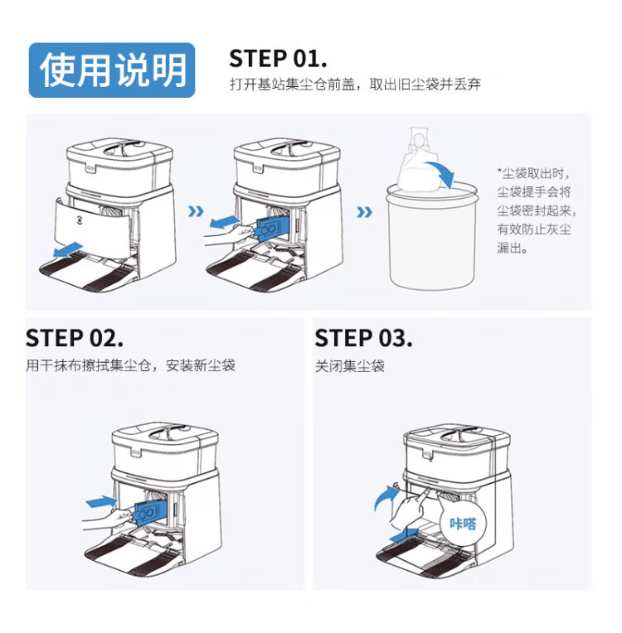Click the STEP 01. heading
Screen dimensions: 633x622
[x=278, y=58]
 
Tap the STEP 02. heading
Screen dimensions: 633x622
[x=75, y=338]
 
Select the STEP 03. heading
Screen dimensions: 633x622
[x=363, y=338]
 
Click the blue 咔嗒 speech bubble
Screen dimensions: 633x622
[x=463, y=523]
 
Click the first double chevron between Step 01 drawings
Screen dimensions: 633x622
[x=196, y=211]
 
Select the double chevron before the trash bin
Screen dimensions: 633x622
[x=364, y=212]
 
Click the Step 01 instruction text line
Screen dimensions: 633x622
[x=355, y=85]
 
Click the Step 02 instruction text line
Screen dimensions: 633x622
[x=131, y=365]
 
